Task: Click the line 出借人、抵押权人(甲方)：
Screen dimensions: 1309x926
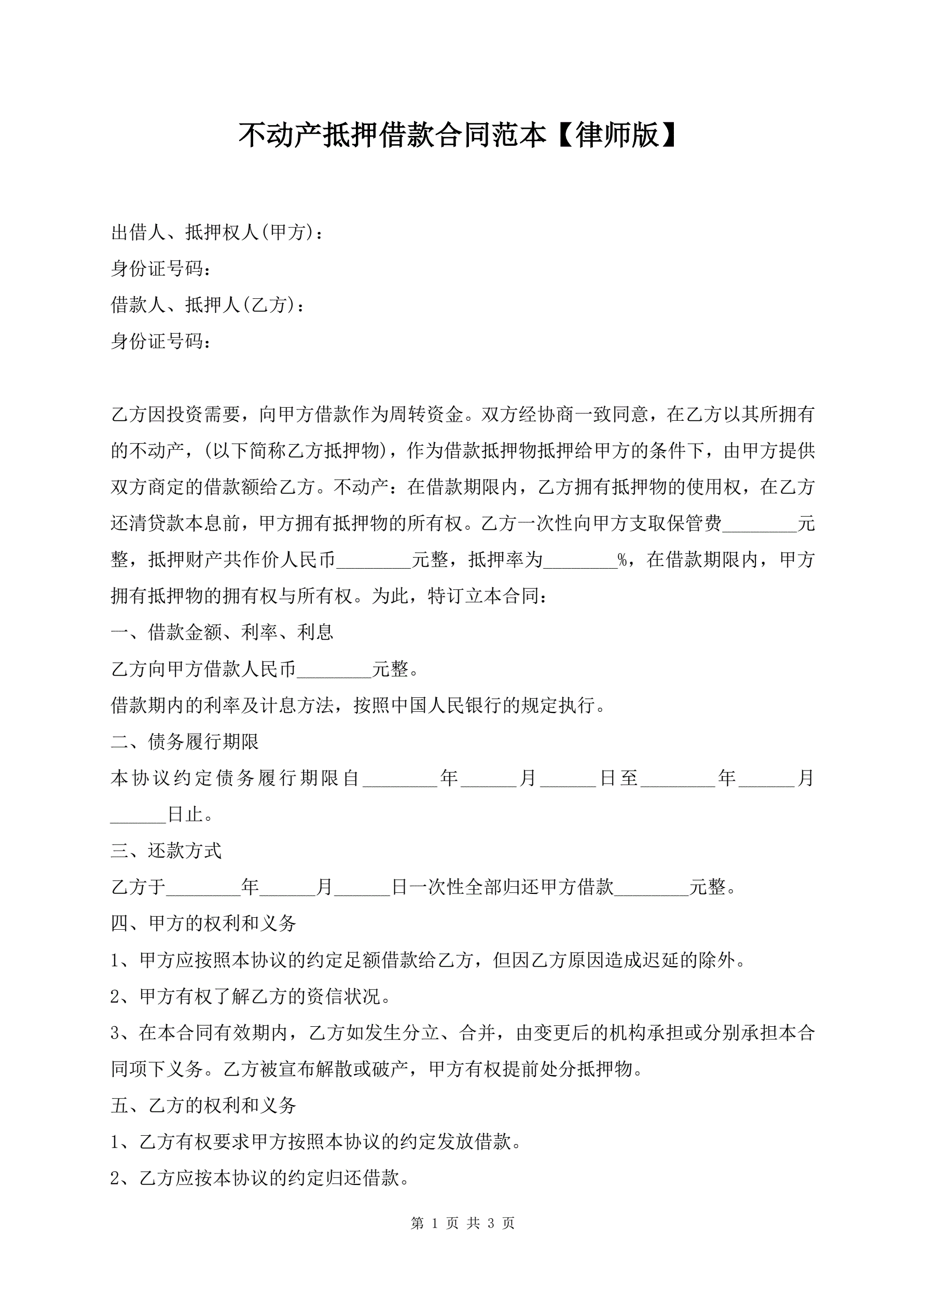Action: click(x=217, y=232)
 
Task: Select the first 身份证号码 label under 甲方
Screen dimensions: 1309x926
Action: click(x=160, y=269)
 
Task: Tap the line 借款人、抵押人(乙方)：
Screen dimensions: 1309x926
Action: click(x=208, y=305)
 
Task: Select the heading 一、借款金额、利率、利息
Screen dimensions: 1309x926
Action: click(x=222, y=632)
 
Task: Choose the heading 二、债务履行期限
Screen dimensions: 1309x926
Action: click(x=185, y=742)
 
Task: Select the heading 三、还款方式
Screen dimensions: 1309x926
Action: click(x=166, y=851)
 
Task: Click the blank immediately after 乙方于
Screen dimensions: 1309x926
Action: click(x=203, y=888)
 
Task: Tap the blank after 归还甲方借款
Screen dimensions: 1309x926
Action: click(x=651, y=888)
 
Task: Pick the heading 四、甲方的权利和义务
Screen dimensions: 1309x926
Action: click(x=203, y=924)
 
